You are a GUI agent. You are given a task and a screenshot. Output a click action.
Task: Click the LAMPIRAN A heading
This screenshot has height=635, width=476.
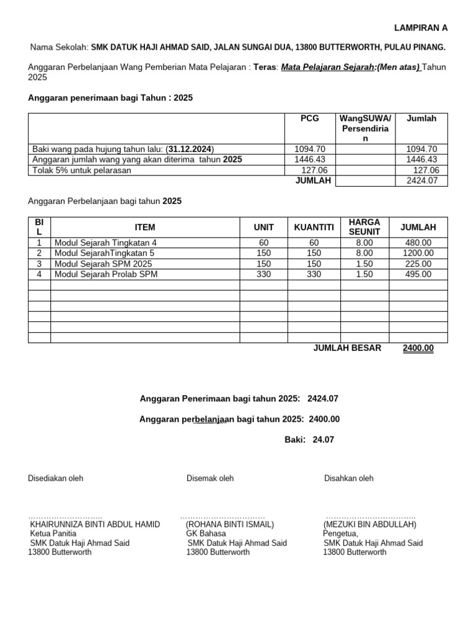click(x=421, y=28)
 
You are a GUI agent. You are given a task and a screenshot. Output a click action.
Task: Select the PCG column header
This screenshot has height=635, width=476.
click(x=309, y=118)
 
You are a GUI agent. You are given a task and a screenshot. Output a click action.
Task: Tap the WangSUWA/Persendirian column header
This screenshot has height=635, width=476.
click(x=365, y=128)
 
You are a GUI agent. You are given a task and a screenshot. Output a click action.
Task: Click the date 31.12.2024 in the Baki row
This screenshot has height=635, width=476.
click(x=190, y=149)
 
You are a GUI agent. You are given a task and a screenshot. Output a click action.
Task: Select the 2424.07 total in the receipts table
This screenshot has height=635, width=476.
click(x=421, y=180)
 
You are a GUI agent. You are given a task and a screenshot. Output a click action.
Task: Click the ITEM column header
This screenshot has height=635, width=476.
click(x=145, y=228)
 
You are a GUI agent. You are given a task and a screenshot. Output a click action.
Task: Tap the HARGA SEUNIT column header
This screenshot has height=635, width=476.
click(x=364, y=227)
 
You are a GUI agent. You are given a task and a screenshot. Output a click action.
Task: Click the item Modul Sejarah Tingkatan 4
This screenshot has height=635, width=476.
click(x=106, y=242)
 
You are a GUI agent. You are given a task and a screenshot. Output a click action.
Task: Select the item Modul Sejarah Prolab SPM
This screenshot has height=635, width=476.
click(x=106, y=274)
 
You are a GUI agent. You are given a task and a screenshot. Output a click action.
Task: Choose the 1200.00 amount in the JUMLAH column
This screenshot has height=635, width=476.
click(x=418, y=253)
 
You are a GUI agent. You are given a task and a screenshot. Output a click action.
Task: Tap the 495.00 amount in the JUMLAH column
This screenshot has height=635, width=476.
click(x=418, y=274)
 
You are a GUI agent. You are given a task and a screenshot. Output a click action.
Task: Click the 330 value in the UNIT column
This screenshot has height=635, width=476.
click(x=263, y=274)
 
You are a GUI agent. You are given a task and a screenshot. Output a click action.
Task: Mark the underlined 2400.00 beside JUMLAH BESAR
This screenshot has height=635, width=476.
click(x=418, y=348)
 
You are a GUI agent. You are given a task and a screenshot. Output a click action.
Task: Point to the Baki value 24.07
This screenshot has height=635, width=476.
click(x=324, y=440)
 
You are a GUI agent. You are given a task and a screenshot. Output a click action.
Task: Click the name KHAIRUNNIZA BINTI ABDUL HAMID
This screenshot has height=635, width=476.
click(x=95, y=524)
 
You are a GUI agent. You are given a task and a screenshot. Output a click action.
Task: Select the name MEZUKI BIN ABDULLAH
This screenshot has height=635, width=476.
click(x=369, y=524)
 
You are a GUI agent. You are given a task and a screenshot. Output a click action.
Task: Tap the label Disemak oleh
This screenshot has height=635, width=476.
click(x=210, y=478)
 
